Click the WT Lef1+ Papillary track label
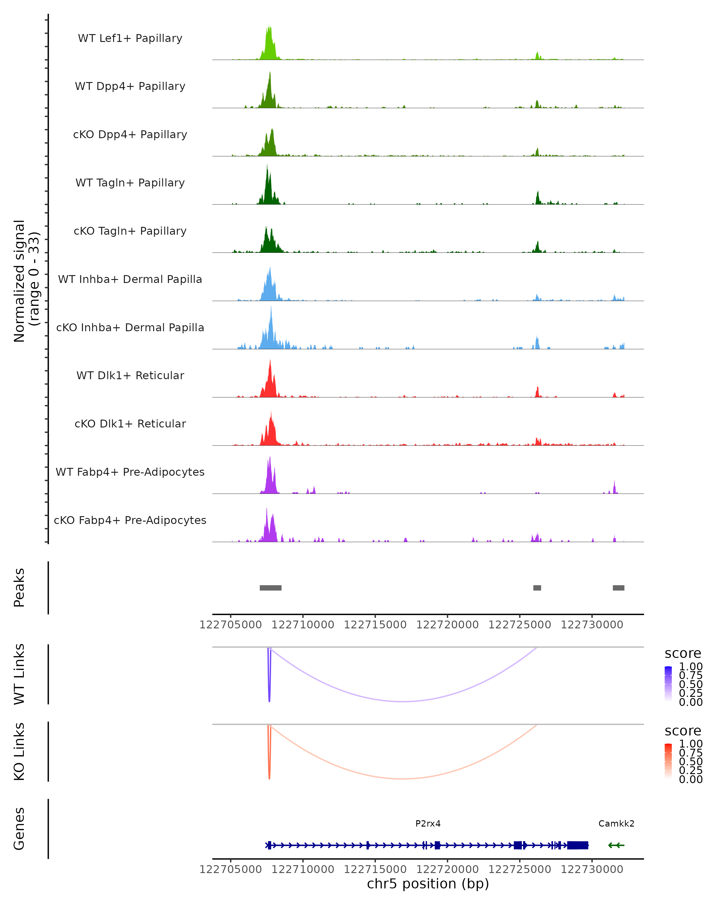(x=130, y=38)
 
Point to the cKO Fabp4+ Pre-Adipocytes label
(x=130, y=520)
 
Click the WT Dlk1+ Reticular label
(x=130, y=375)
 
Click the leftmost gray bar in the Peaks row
(x=270, y=588)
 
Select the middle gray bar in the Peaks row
(x=537, y=588)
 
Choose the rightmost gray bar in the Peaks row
(x=618, y=588)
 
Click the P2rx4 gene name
(x=428, y=824)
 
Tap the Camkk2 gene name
(x=616, y=824)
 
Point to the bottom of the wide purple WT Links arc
(x=403, y=701)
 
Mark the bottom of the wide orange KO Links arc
(x=403, y=779)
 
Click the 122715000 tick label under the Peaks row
(x=375, y=625)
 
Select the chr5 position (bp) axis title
(x=428, y=884)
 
